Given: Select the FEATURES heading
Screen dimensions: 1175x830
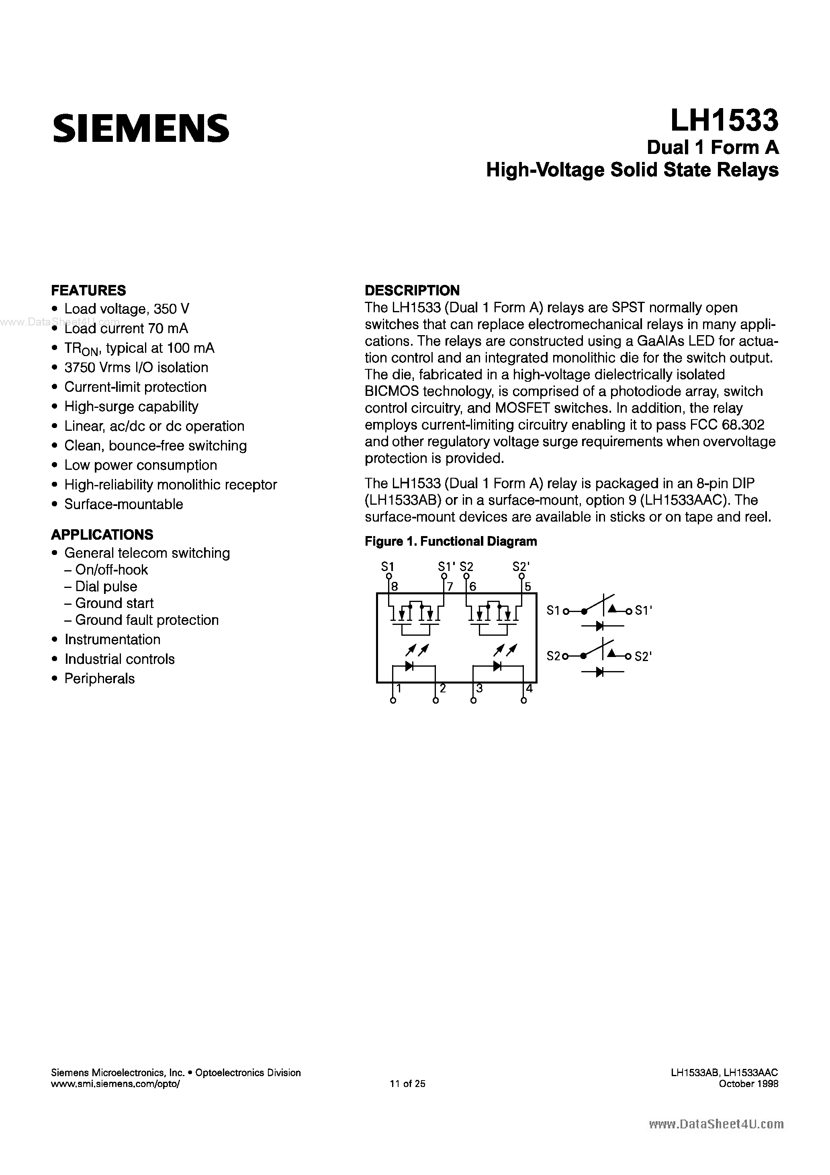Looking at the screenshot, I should [88, 290].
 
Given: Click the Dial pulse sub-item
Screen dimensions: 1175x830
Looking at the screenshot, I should [106, 586].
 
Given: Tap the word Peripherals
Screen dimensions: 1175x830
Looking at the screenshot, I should [99, 679].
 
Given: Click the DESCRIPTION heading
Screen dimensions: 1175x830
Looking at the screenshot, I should [412, 290].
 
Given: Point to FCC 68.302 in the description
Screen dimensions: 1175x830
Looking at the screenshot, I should [727, 425].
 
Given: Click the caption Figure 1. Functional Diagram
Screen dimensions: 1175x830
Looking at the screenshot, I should [450, 541].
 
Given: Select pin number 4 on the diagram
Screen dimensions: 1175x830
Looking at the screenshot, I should [529, 689].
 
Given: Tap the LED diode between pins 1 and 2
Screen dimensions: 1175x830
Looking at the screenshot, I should [409, 666].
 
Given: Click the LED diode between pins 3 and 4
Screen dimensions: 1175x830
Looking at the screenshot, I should [497, 666].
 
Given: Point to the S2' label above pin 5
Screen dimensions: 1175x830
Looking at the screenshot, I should [521, 567].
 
